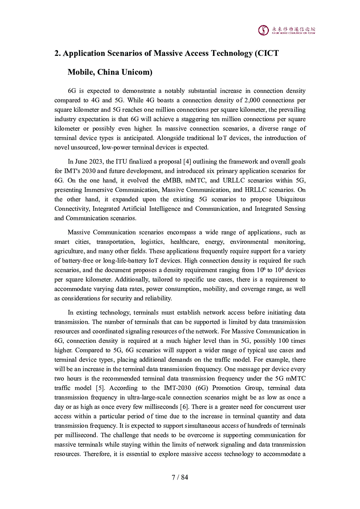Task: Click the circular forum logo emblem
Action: (x=263, y=30)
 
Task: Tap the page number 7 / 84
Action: (x=180, y=477)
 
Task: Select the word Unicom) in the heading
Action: (x=137, y=72)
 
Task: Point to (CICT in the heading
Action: (x=267, y=53)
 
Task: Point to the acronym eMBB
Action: (x=172, y=180)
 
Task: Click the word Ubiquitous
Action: (x=291, y=199)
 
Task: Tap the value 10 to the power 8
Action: (x=278, y=270)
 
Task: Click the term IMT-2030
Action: (x=177, y=388)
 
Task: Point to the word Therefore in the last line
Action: (x=97, y=454)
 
